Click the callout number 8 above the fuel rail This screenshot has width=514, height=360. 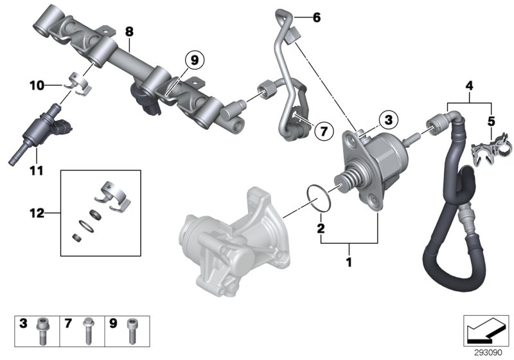click(x=129, y=30)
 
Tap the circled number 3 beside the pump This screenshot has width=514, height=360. click(x=387, y=119)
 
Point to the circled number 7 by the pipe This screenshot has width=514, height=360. click(x=324, y=131)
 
